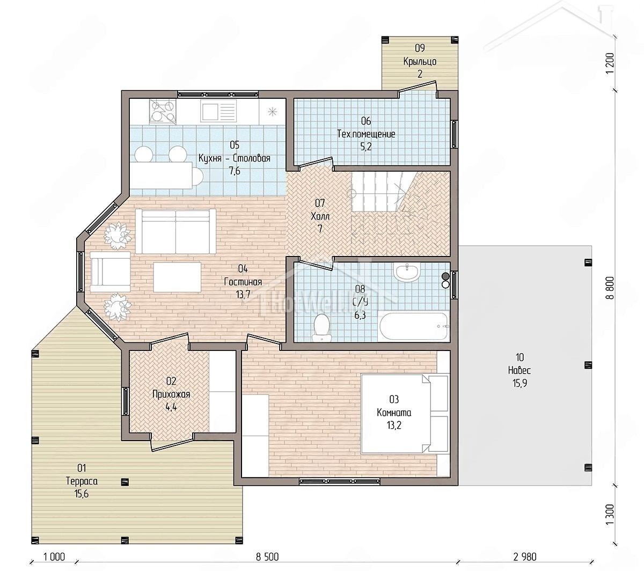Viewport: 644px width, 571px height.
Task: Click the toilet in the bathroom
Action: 321,327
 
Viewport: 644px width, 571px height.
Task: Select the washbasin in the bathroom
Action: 407,272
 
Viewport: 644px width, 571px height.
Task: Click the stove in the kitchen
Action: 163,112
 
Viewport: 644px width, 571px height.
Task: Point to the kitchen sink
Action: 218,111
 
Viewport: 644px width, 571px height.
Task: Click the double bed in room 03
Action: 405,414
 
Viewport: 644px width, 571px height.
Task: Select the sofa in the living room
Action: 175,231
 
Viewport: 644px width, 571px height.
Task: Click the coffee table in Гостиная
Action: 177,277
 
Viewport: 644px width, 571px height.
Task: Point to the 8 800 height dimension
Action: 610,288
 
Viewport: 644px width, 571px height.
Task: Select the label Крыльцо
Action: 420,61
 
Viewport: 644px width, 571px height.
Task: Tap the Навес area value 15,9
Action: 519,383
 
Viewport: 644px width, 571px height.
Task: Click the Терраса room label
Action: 82,481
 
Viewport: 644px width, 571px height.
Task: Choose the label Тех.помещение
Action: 366,134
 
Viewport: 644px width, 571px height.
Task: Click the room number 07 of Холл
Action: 320,202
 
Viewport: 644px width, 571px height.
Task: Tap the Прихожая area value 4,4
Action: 171,407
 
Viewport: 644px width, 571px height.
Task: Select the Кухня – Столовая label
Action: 235,158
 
